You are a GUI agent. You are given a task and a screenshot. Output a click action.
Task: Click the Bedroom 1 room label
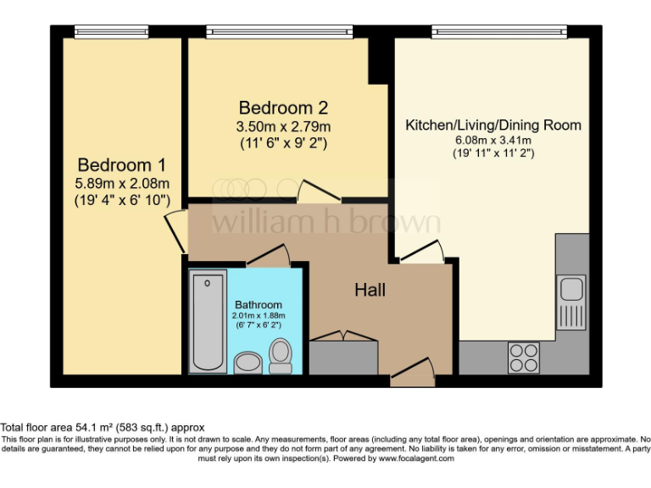122,164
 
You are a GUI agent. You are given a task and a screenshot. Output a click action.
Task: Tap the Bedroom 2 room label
283,108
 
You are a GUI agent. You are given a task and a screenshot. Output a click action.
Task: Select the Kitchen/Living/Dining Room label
493,125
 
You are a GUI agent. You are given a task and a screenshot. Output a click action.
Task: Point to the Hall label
370,290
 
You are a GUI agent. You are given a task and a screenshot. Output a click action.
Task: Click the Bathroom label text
259,305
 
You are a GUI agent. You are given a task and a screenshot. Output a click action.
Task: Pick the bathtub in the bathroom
209,322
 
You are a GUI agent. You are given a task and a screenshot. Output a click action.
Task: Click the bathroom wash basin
248,363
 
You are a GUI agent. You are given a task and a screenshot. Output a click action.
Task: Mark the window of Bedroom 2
279,32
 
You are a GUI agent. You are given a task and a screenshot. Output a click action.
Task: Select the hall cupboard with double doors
343,356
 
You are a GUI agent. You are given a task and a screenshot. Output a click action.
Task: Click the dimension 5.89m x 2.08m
122,183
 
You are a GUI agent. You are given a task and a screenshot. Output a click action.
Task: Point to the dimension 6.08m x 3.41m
493,141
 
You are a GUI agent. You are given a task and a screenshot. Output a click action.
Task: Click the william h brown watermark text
325,222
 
